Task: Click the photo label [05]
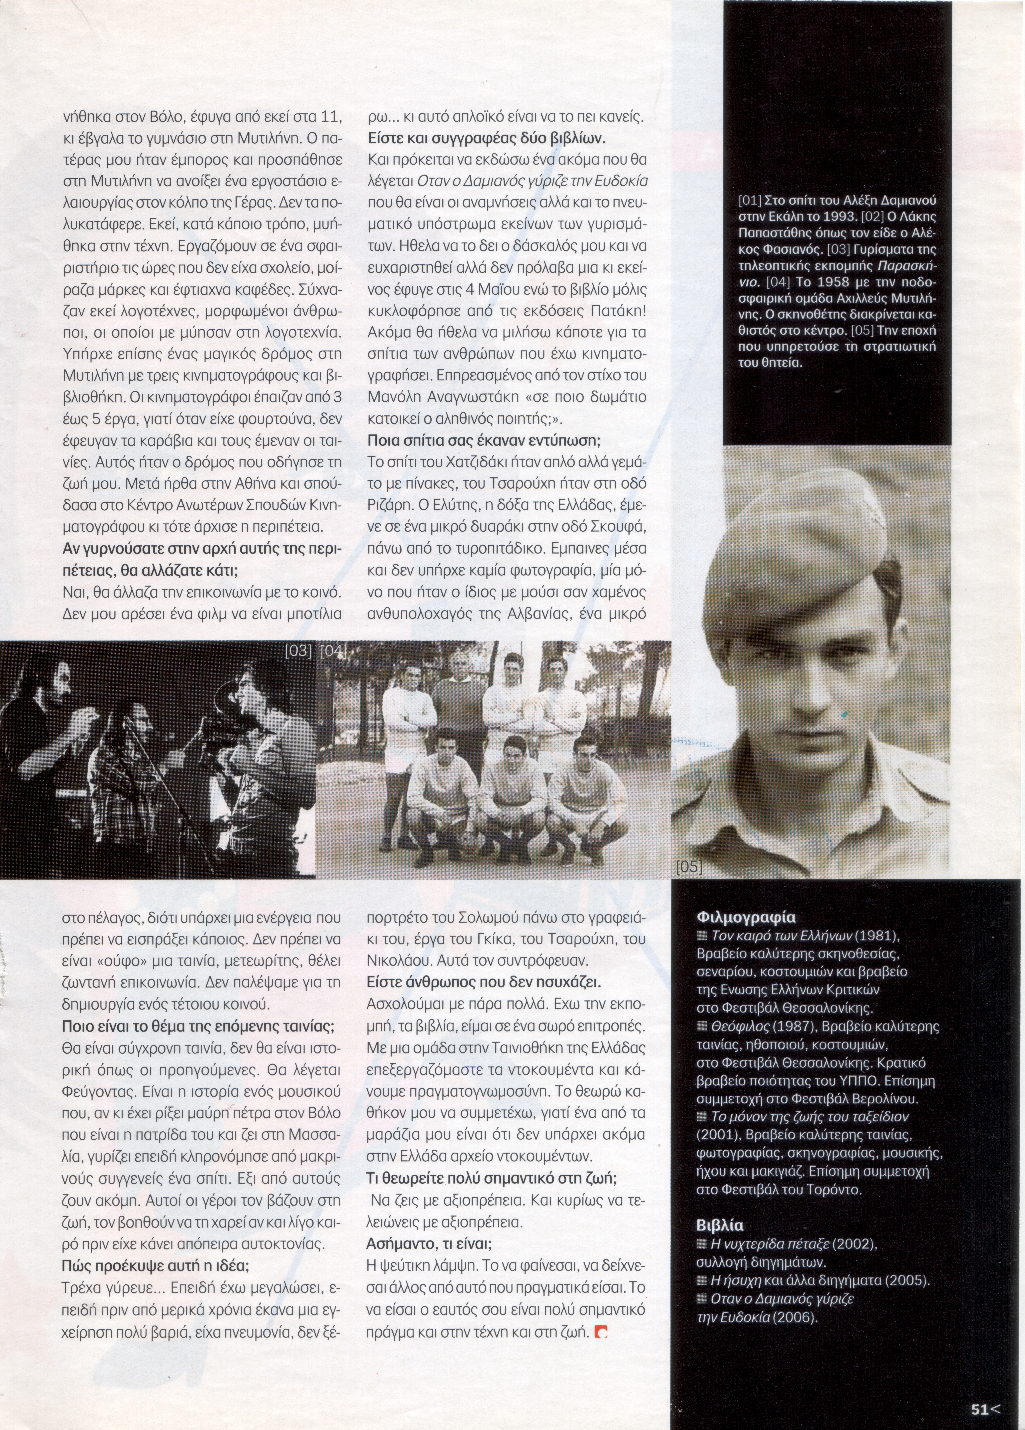(x=689, y=868)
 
